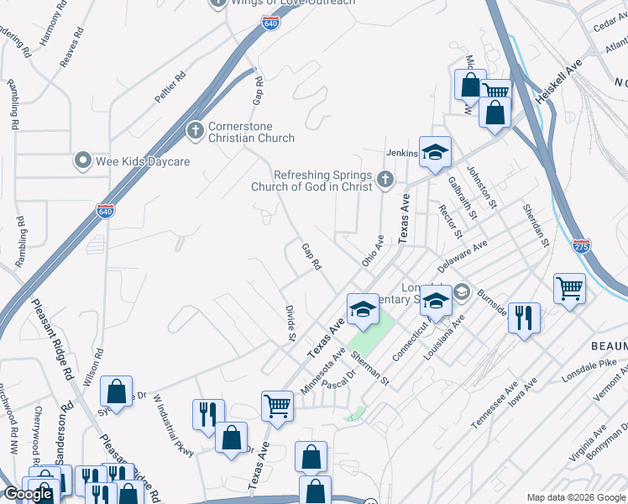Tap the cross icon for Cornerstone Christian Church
[x=195, y=130]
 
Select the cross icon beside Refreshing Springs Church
[x=385, y=178]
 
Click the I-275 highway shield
[x=582, y=245]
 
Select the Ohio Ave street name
[x=373, y=250]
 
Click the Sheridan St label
[x=535, y=225]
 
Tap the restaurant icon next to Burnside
[x=525, y=318]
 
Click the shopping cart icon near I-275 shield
[x=569, y=290]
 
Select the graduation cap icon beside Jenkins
[x=435, y=152]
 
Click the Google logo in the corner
[x=28, y=494]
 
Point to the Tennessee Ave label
[x=493, y=408]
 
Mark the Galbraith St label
[x=463, y=197]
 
